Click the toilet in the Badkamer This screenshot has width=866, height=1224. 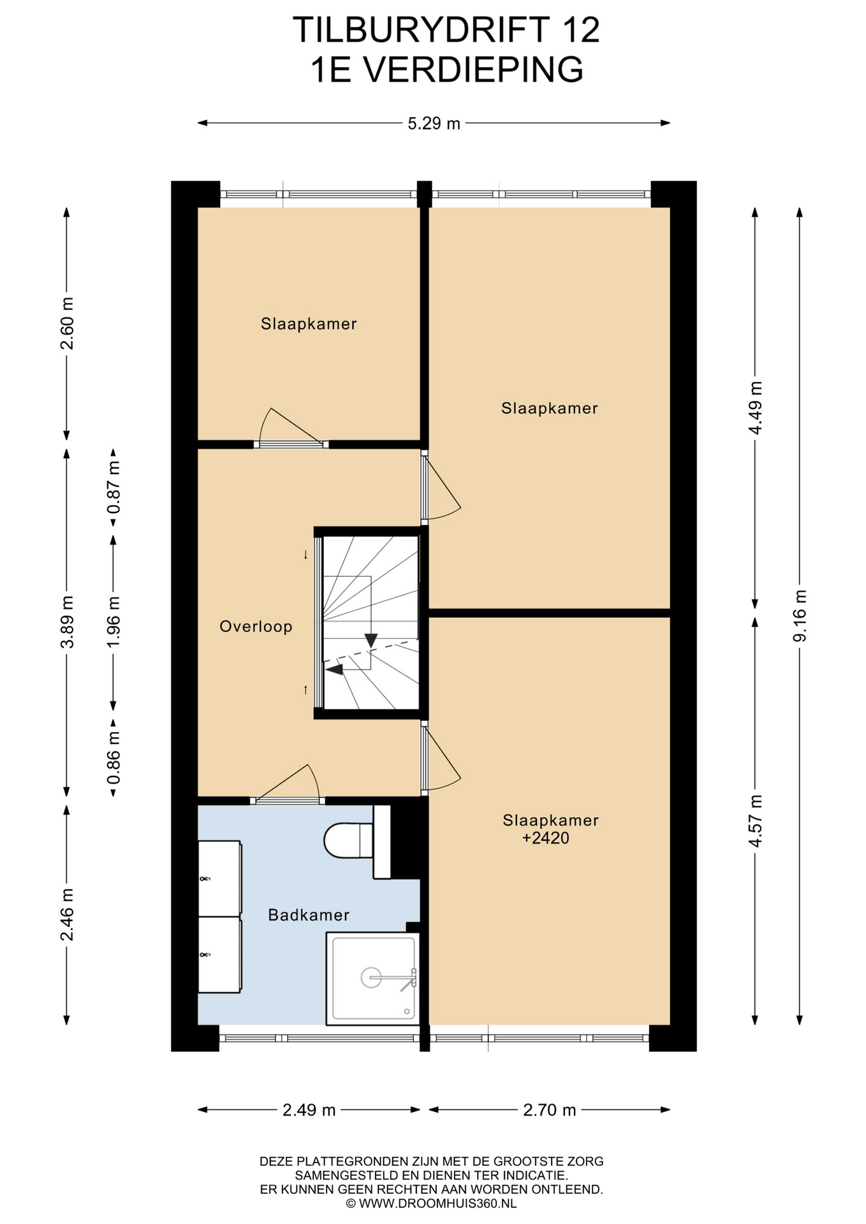pyautogui.click(x=349, y=841)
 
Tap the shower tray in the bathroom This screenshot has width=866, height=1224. pyautogui.click(x=373, y=979)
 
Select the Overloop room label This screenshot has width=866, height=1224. pyautogui.click(x=256, y=627)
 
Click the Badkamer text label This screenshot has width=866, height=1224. pyautogui.click(x=309, y=915)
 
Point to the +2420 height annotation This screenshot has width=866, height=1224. pyautogui.click(x=546, y=838)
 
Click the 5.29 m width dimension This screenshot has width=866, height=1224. pyautogui.click(x=434, y=124)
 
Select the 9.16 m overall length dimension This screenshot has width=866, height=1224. pyautogui.click(x=800, y=616)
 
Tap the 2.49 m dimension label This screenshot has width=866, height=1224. pyautogui.click(x=309, y=1110)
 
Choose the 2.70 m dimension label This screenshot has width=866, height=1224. pyautogui.click(x=550, y=1110)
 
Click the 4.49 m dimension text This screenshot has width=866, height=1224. pyautogui.click(x=755, y=408)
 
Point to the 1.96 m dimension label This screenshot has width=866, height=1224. pyautogui.click(x=114, y=622)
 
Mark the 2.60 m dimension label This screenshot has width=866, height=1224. pyautogui.click(x=67, y=324)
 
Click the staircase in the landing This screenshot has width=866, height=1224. pyautogui.click(x=370, y=623)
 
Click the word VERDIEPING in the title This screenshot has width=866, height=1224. pyautogui.click(x=473, y=69)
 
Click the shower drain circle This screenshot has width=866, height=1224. pyautogui.click(x=371, y=977)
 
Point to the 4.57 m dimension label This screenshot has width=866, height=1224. pyautogui.click(x=755, y=821)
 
